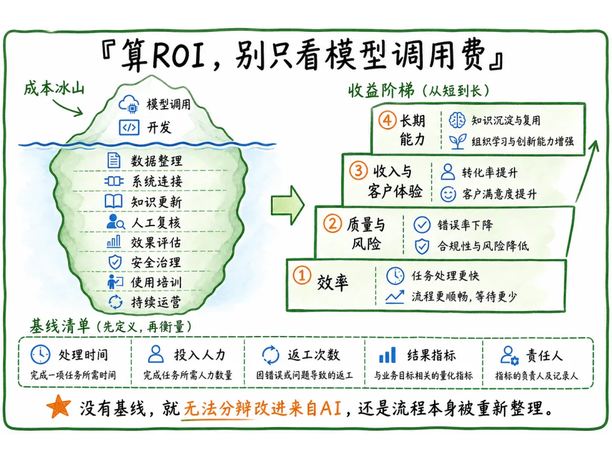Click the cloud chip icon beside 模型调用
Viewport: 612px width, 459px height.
[129, 104]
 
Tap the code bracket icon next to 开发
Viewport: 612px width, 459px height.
[129, 127]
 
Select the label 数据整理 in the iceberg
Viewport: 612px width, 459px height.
[156, 161]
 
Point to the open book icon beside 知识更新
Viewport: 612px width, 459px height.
[113, 201]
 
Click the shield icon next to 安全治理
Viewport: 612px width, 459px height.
[114, 262]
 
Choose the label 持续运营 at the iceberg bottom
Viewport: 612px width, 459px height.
[156, 302]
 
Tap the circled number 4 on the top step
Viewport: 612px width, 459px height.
[387, 120]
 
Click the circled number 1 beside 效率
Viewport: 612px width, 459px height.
[301, 275]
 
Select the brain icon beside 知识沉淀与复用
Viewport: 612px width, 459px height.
[457, 120]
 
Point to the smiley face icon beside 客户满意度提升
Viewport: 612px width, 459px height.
[448, 194]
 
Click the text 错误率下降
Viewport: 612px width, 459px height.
[465, 225]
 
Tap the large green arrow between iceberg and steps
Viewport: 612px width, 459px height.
[288, 205]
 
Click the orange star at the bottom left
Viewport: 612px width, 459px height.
[58, 407]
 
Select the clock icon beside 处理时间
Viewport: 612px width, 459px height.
[40, 355]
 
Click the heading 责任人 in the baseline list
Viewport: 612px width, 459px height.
[544, 355]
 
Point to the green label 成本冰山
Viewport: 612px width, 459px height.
[54, 88]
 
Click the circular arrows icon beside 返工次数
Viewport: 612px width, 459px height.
[270, 355]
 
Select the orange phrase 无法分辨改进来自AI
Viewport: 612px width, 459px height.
[263, 408]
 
